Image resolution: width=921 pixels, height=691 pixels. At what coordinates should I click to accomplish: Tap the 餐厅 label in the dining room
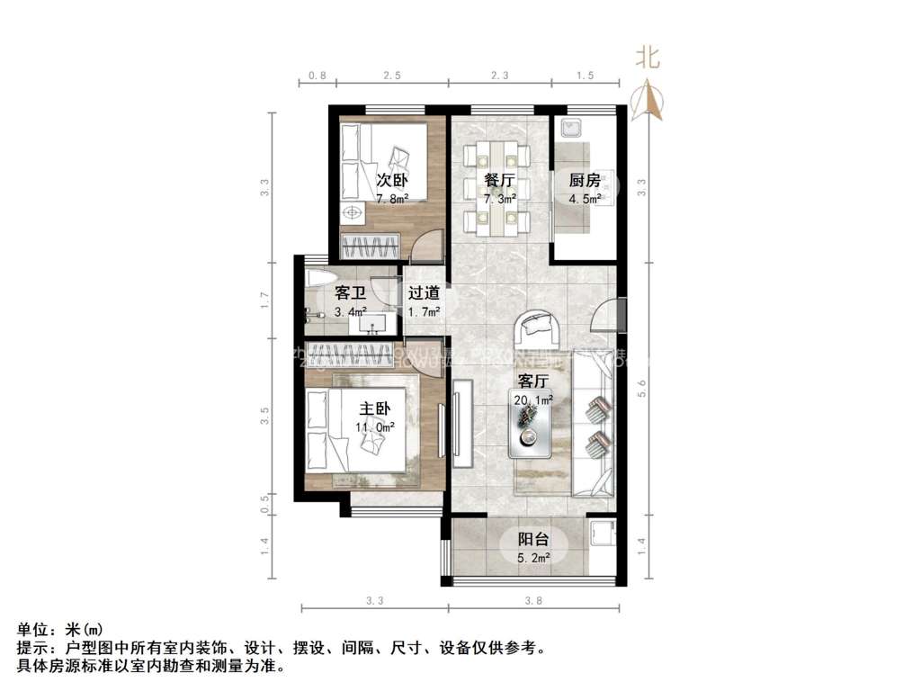[499, 179]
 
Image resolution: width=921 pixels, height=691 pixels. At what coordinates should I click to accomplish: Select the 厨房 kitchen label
[584, 179]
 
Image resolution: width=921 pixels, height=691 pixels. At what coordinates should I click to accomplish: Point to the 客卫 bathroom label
[349, 292]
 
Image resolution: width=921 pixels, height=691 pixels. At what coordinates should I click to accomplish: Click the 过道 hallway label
[424, 292]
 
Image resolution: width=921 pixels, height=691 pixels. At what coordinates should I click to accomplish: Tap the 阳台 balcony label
[533, 540]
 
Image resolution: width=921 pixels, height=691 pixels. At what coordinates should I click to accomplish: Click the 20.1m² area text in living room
[534, 399]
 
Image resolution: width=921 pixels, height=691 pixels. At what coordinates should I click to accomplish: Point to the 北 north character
[648, 58]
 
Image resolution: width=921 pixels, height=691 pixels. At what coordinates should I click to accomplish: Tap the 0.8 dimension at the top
[317, 76]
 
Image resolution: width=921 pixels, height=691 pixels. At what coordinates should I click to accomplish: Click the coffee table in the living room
[530, 428]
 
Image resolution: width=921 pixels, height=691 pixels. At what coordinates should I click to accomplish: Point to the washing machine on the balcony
[601, 535]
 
